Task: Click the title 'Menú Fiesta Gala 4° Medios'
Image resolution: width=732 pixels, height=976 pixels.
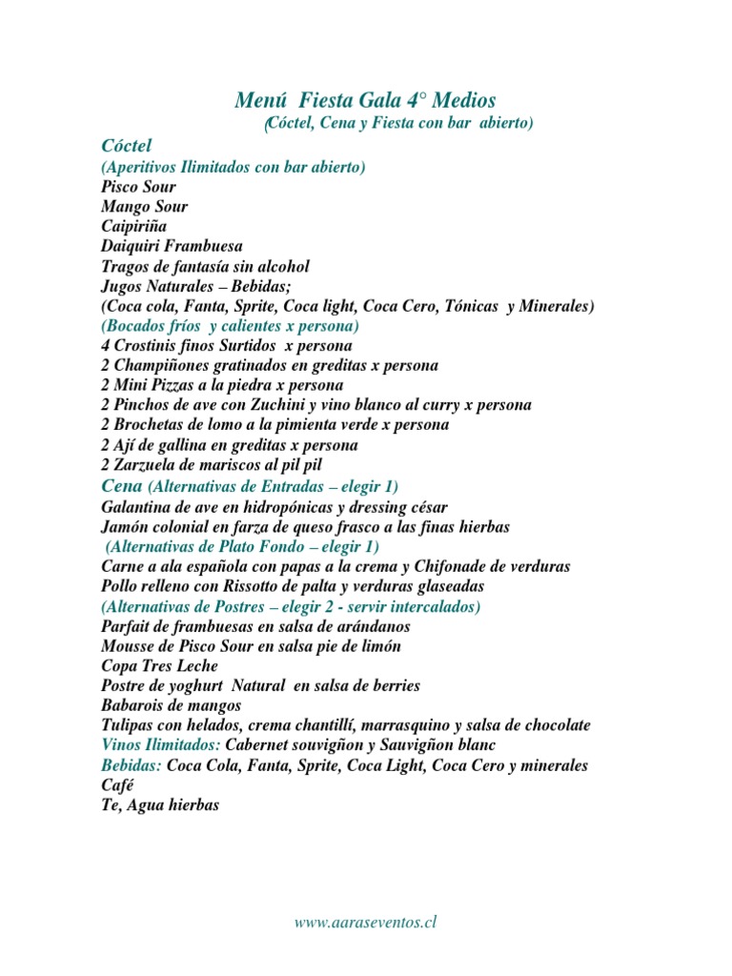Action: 365,100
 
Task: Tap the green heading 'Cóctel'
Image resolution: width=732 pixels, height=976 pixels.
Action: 126,145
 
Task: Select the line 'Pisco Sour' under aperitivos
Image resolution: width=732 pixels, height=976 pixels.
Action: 138,187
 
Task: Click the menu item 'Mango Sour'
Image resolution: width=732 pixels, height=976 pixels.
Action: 144,207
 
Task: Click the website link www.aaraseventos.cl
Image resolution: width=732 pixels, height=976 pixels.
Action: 365,922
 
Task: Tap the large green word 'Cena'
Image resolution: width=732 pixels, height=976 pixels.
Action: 121,486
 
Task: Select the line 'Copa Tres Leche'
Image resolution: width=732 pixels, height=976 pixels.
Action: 159,665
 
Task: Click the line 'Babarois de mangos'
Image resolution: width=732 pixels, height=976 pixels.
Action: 171,705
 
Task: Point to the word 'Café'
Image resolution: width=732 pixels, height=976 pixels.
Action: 117,785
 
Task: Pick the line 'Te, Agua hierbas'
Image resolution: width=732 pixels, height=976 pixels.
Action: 160,805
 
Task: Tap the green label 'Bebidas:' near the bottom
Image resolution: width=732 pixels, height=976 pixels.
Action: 132,765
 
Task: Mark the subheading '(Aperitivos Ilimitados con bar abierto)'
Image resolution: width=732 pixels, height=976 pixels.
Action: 234,167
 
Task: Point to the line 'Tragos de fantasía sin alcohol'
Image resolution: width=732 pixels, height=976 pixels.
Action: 205,266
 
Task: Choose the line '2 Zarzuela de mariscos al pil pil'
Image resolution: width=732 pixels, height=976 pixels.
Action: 212,465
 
